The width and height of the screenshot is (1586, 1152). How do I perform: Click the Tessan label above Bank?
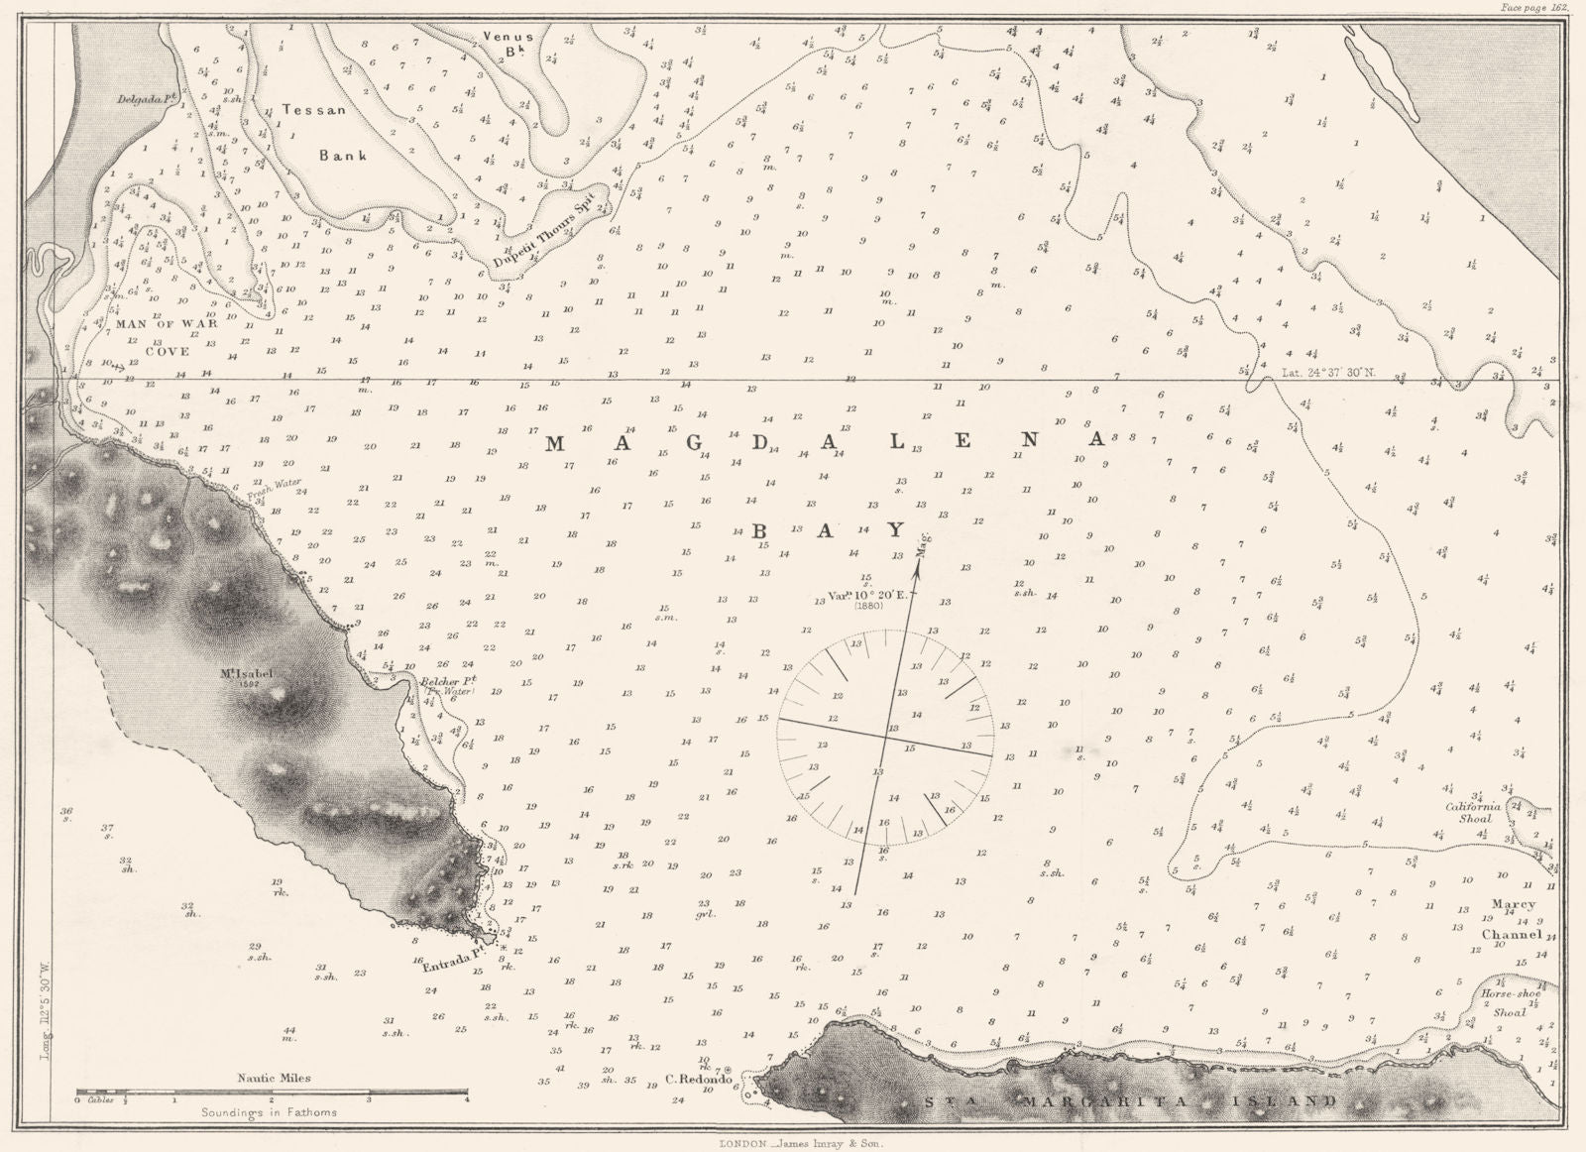click(x=313, y=110)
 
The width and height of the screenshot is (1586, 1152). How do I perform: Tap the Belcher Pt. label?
click(x=449, y=681)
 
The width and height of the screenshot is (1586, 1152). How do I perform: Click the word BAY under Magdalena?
click(x=830, y=531)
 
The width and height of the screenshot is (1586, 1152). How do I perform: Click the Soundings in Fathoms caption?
click(x=267, y=1112)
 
